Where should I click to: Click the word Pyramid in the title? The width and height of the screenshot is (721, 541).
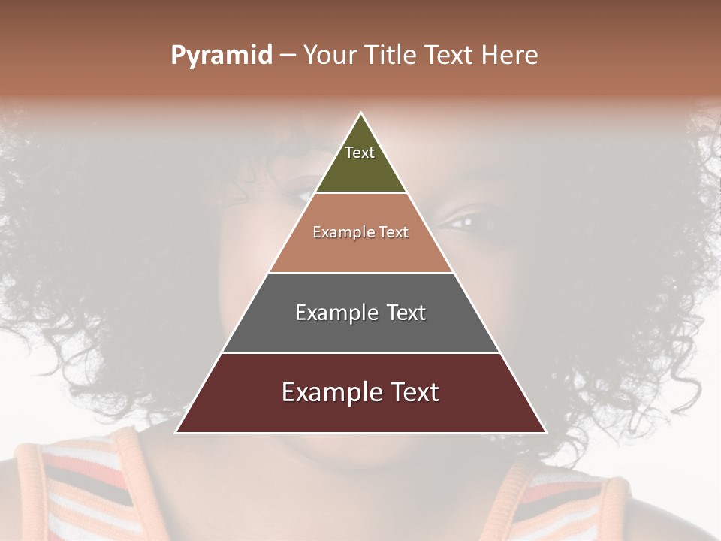click(222, 56)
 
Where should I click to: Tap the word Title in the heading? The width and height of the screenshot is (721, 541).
click(391, 55)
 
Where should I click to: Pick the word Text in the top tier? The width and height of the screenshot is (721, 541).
click(360, 153)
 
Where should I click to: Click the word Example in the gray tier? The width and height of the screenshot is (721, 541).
click(333, 313)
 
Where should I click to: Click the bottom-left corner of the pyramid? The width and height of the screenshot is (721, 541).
click(176, 432)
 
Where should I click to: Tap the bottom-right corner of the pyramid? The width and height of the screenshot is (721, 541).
click(545, 432)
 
